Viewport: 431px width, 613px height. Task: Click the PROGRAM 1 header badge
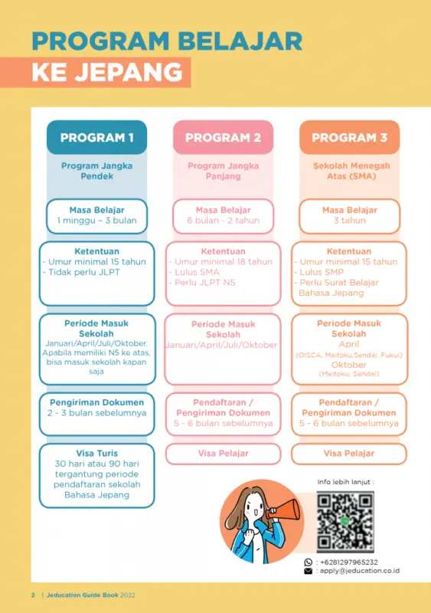pos(96,138)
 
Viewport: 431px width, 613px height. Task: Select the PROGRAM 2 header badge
pos(223,138)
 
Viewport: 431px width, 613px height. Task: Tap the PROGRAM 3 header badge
pos(349,138)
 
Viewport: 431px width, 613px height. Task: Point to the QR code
pos(345,522)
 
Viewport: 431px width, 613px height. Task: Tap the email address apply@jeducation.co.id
pos(358,571)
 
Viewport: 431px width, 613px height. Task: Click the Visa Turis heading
pos(96,453)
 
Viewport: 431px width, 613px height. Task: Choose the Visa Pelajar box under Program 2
pos(223,454)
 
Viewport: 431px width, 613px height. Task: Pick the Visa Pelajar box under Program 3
pos(349,454)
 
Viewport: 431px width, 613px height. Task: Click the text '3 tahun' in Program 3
pos(349,221)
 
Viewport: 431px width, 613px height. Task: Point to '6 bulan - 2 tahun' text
pos(223,221)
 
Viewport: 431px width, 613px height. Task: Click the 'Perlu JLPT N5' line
pos(205,283)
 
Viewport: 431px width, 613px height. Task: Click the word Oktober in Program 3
pos(349,365)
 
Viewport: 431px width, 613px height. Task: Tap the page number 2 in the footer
pos(33,595)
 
